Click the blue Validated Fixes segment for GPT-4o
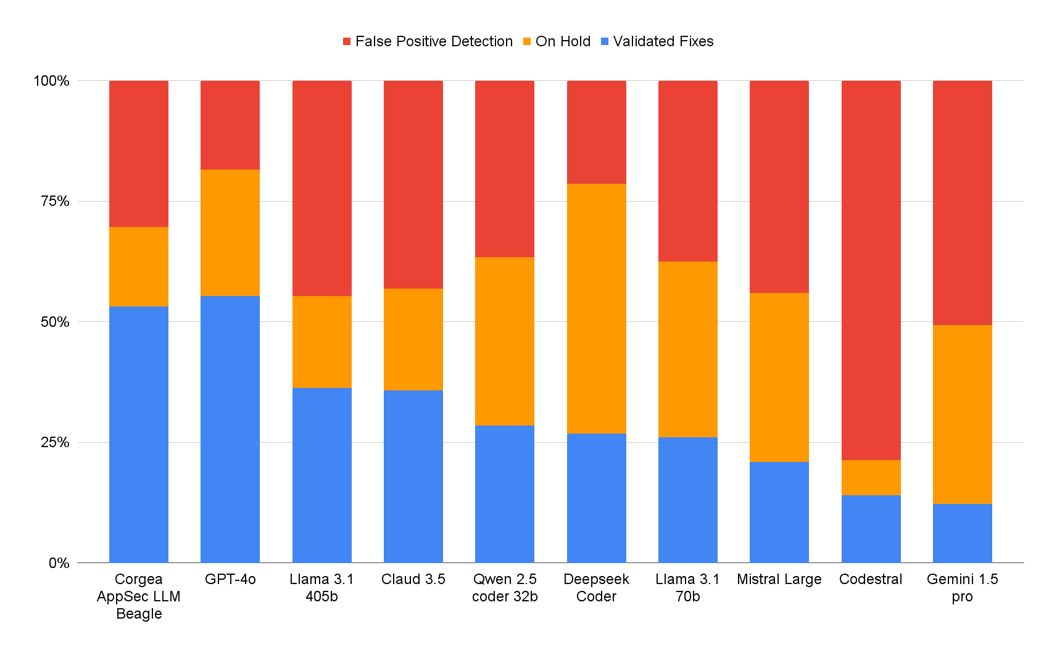click(230, 429)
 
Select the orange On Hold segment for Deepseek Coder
click(596, 308)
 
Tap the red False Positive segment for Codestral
click(871, 270)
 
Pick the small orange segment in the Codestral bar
click(871, 477)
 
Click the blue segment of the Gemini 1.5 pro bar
click(962, 533)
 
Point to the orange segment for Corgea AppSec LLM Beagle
click(139, 266)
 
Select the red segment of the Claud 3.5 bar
click(413, 184)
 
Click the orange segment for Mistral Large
click(779, 377)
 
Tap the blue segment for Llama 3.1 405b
click(322, 475)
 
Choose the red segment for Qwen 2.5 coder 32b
click(505, 169)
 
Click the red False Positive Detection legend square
click(347, 41)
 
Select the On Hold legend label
click(563, 41)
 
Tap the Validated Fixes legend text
click(663, 41)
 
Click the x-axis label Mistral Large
click(779, 579)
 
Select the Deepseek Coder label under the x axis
click(596, 588)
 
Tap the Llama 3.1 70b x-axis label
click(687, 588)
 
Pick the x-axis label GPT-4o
click(230, 579)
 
